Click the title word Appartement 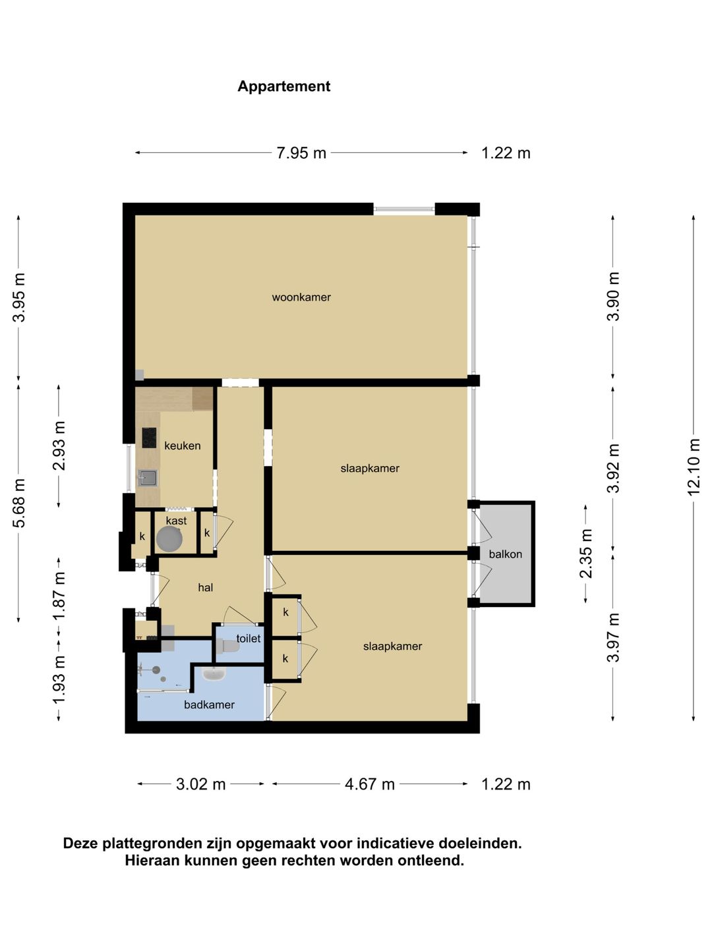283,86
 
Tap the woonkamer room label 301,297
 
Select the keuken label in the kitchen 182,446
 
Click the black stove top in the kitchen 149,438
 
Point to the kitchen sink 148,478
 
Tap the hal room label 205,587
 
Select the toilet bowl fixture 231,647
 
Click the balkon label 506,554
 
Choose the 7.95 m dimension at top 301,153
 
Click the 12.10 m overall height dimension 694,468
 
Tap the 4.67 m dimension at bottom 370,784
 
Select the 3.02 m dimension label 200,784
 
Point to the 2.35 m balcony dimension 586,554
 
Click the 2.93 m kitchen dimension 59,446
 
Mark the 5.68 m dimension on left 18,503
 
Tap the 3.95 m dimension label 18,297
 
